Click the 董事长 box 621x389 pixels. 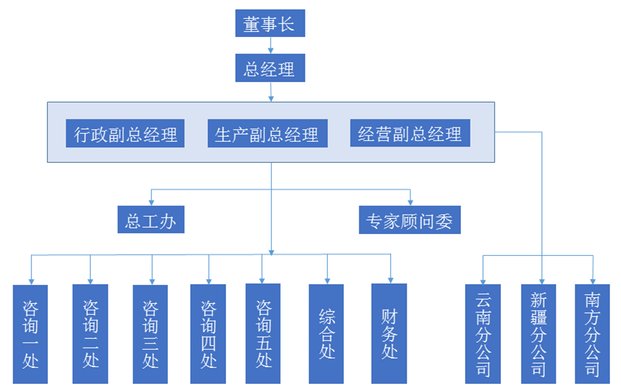pyautogui.click(x=270, y=25)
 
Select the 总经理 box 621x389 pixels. pyautogui.click(x=270, y=69)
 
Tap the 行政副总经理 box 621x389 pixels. pyautogui.click(x=125, y=134)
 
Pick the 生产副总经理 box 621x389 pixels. pyautogui.click(x=267, y=134)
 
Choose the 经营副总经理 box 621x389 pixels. pyautogui.click(x=409, y=134)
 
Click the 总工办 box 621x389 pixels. pyautogui.click(x=151, y=220)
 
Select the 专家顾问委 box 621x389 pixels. pyautogui.click(x=410, y=220)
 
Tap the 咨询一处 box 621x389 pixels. pyautogui.click(x=30, y=334)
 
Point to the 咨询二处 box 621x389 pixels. pyautogui.click(x=90, y=334)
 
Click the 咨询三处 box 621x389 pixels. pyautogui.click(x=151, y=334)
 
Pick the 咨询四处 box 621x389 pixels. pyautogui.click(x=208, y=334)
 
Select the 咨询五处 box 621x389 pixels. pyautogui.click(x=263, y=334)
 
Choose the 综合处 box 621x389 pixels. pyautogui.click(x=326, y=334)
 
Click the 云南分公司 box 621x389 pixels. pyautogui.click(x=483, y=334)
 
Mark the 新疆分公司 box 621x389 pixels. pyautogui.click(x=539, y=334)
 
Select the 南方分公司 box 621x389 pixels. pyautogui.click(x=593, y=334)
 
